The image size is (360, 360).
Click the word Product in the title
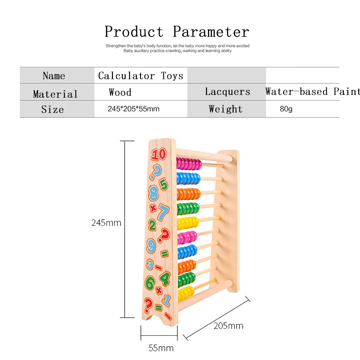pos(134,31)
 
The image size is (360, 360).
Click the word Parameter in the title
pos(211,31)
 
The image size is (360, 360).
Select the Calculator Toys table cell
pos(141,76)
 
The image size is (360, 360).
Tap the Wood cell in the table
pos(120,92)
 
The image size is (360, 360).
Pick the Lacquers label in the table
pos(228,91)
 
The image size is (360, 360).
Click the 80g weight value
pos(286,108)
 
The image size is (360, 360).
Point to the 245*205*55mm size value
pos(134,108)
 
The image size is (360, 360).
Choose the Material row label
pos(55,94)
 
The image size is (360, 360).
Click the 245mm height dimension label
pos(106,223)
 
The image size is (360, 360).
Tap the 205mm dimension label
pos(229,326)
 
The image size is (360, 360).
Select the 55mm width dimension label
pos(161,348)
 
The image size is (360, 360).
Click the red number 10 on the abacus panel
pos(159,154)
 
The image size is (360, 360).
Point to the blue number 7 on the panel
pos(164,211)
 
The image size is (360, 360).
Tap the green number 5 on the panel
pos(164,184)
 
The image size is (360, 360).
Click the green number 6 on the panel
pos(150,283)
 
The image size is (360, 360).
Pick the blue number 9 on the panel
pos(151,246)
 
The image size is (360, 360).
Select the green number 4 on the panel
pos(165,278)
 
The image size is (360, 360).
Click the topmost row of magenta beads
pos(189,164)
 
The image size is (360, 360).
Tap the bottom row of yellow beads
pos(186,294)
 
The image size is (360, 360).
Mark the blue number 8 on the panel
pos(153,193)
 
